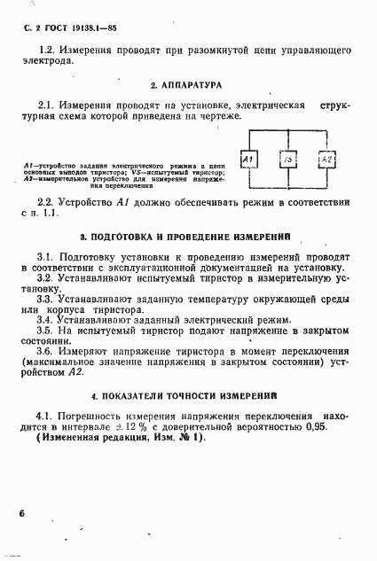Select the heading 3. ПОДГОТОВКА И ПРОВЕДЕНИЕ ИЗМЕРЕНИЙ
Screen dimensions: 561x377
187,238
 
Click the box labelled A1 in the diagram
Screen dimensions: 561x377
249,160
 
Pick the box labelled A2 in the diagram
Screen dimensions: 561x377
326,160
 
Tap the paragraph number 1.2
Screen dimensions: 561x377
49,51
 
